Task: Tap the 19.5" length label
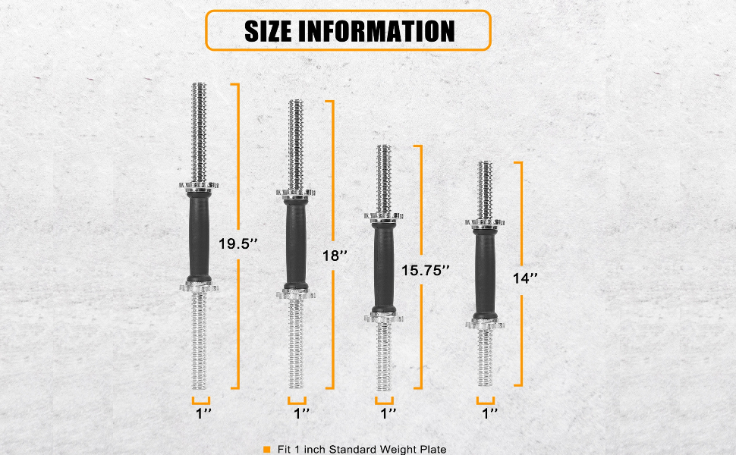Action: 238,244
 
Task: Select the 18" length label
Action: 333,256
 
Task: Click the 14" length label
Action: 523,278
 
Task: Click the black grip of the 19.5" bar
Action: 198,235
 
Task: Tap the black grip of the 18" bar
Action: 295,243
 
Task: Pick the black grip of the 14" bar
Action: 484,273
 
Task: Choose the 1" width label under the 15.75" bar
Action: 388,413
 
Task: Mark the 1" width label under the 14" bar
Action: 489,413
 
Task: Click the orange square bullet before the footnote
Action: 266,449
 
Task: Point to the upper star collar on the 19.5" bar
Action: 198,185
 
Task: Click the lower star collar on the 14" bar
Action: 484,324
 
